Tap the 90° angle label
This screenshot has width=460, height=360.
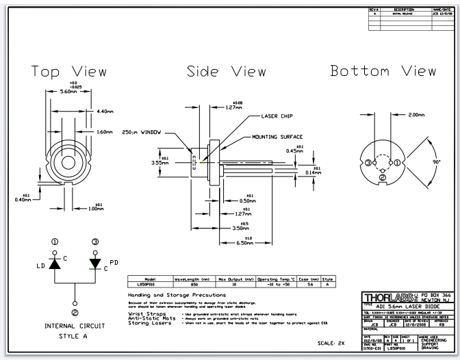[x=437, y=161]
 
